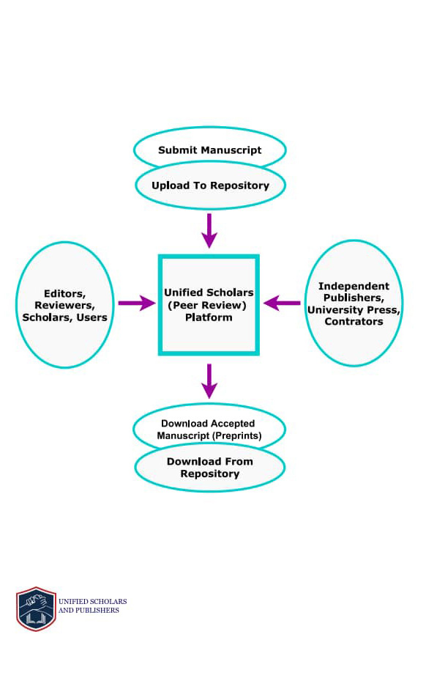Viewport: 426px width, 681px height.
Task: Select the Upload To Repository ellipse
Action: pyautogui.click(x=210, y=185)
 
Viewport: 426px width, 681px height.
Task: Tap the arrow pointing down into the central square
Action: pyautogui.click(x=209, y=231)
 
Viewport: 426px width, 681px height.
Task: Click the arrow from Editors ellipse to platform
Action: pyautogui.click(x=137, y=303)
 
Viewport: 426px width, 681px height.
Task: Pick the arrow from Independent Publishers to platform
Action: pyautogui.click(x=282, y=303)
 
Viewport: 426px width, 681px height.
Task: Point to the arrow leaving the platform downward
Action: pyautogui.click(x=209, y=381)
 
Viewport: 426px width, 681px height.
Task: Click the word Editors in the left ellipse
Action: pyautogui.click(x=64, y=294)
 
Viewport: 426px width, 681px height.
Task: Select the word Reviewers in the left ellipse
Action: pyautogui.click(x=64, y=306)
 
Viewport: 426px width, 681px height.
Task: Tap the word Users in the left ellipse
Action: pyautogui.click(x=91, y=317)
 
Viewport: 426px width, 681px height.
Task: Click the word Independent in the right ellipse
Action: pyautogui.click(x=354, y=286)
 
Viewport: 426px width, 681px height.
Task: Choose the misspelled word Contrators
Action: pyautogui.click(x=354, y=321)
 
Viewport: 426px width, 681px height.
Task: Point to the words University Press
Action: pyautogui.click(x=352, y=310)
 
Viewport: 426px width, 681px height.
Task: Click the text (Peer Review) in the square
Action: pyautogui.click(x=207, y=306)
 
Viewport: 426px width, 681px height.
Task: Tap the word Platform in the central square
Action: pyautogui.click(x=209, y=317)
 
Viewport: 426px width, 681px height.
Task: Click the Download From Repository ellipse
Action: pyautogui.click(x=210, y=468)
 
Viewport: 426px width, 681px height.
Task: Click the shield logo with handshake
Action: pyautogui.click(x=36, y=608)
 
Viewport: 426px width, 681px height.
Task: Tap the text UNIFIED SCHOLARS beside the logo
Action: pyautogui.click(x=93, y=602)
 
